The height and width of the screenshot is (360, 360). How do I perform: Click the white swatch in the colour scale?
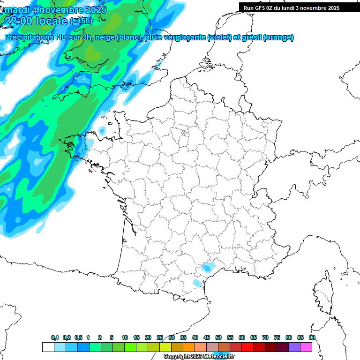click(x=48, y=347)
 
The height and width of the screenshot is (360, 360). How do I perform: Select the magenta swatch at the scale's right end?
click(x=306, y=347)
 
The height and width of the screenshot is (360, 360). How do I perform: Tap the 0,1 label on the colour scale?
click(x=55, y=337)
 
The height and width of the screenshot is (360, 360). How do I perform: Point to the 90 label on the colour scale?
click(x=312, y=337)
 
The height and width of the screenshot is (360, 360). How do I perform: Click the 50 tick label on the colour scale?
click(x=218, y=337)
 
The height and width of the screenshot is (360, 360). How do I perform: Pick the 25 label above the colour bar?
click(x=160, y=337)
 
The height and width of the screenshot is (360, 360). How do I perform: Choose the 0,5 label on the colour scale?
click(x=78, y=337)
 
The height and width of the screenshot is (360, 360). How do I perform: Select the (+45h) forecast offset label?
click(x=81, y=21)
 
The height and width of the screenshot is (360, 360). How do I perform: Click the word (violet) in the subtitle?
click(x=220, y=37)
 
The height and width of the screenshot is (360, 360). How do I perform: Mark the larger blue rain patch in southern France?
click(x=207, y=268)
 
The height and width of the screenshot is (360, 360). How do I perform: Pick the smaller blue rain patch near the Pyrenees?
click(x=197, y=283)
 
